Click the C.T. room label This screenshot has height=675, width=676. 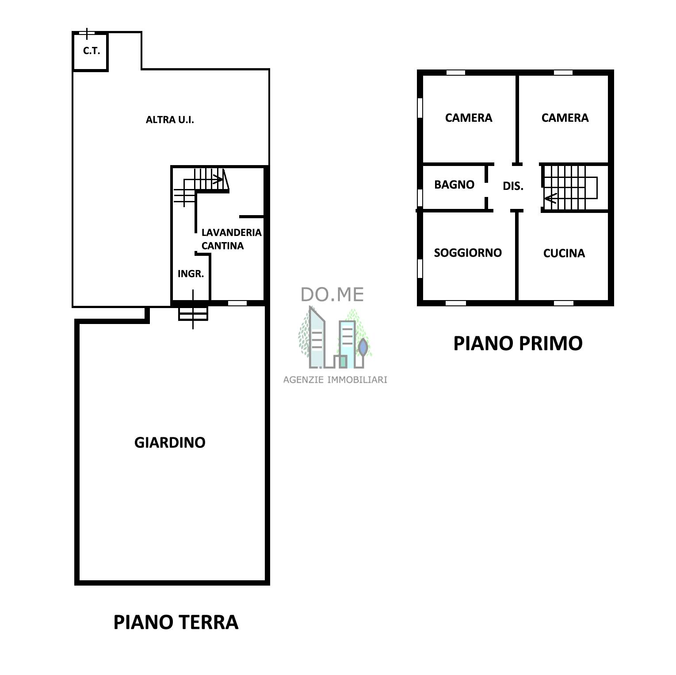point(92,51)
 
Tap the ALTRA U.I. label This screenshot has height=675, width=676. point(170,120)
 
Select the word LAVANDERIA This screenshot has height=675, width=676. point(231,232)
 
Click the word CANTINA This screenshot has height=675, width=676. point(222,246)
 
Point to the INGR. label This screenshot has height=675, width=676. point(191,274)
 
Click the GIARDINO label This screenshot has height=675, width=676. point(170,443)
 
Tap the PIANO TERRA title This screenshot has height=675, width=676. point(176,622)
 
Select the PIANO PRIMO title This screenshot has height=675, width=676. point(518,343)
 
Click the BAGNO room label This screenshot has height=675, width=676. point(454,185)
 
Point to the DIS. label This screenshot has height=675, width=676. point(513,186)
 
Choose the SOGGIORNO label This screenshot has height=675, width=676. point(468,253)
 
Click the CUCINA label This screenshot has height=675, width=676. point(564,253)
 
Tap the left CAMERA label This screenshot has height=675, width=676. point(469,118)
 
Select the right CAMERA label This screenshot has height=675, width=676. point(565,118)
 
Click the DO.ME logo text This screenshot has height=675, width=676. point(332,295)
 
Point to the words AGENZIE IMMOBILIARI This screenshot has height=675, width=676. point(335,380)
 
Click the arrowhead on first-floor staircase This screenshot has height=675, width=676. point(550,198)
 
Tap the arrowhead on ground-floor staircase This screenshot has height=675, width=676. point(218,180)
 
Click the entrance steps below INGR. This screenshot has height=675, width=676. point(193,313)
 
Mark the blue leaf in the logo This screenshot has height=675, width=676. point(363,347)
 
